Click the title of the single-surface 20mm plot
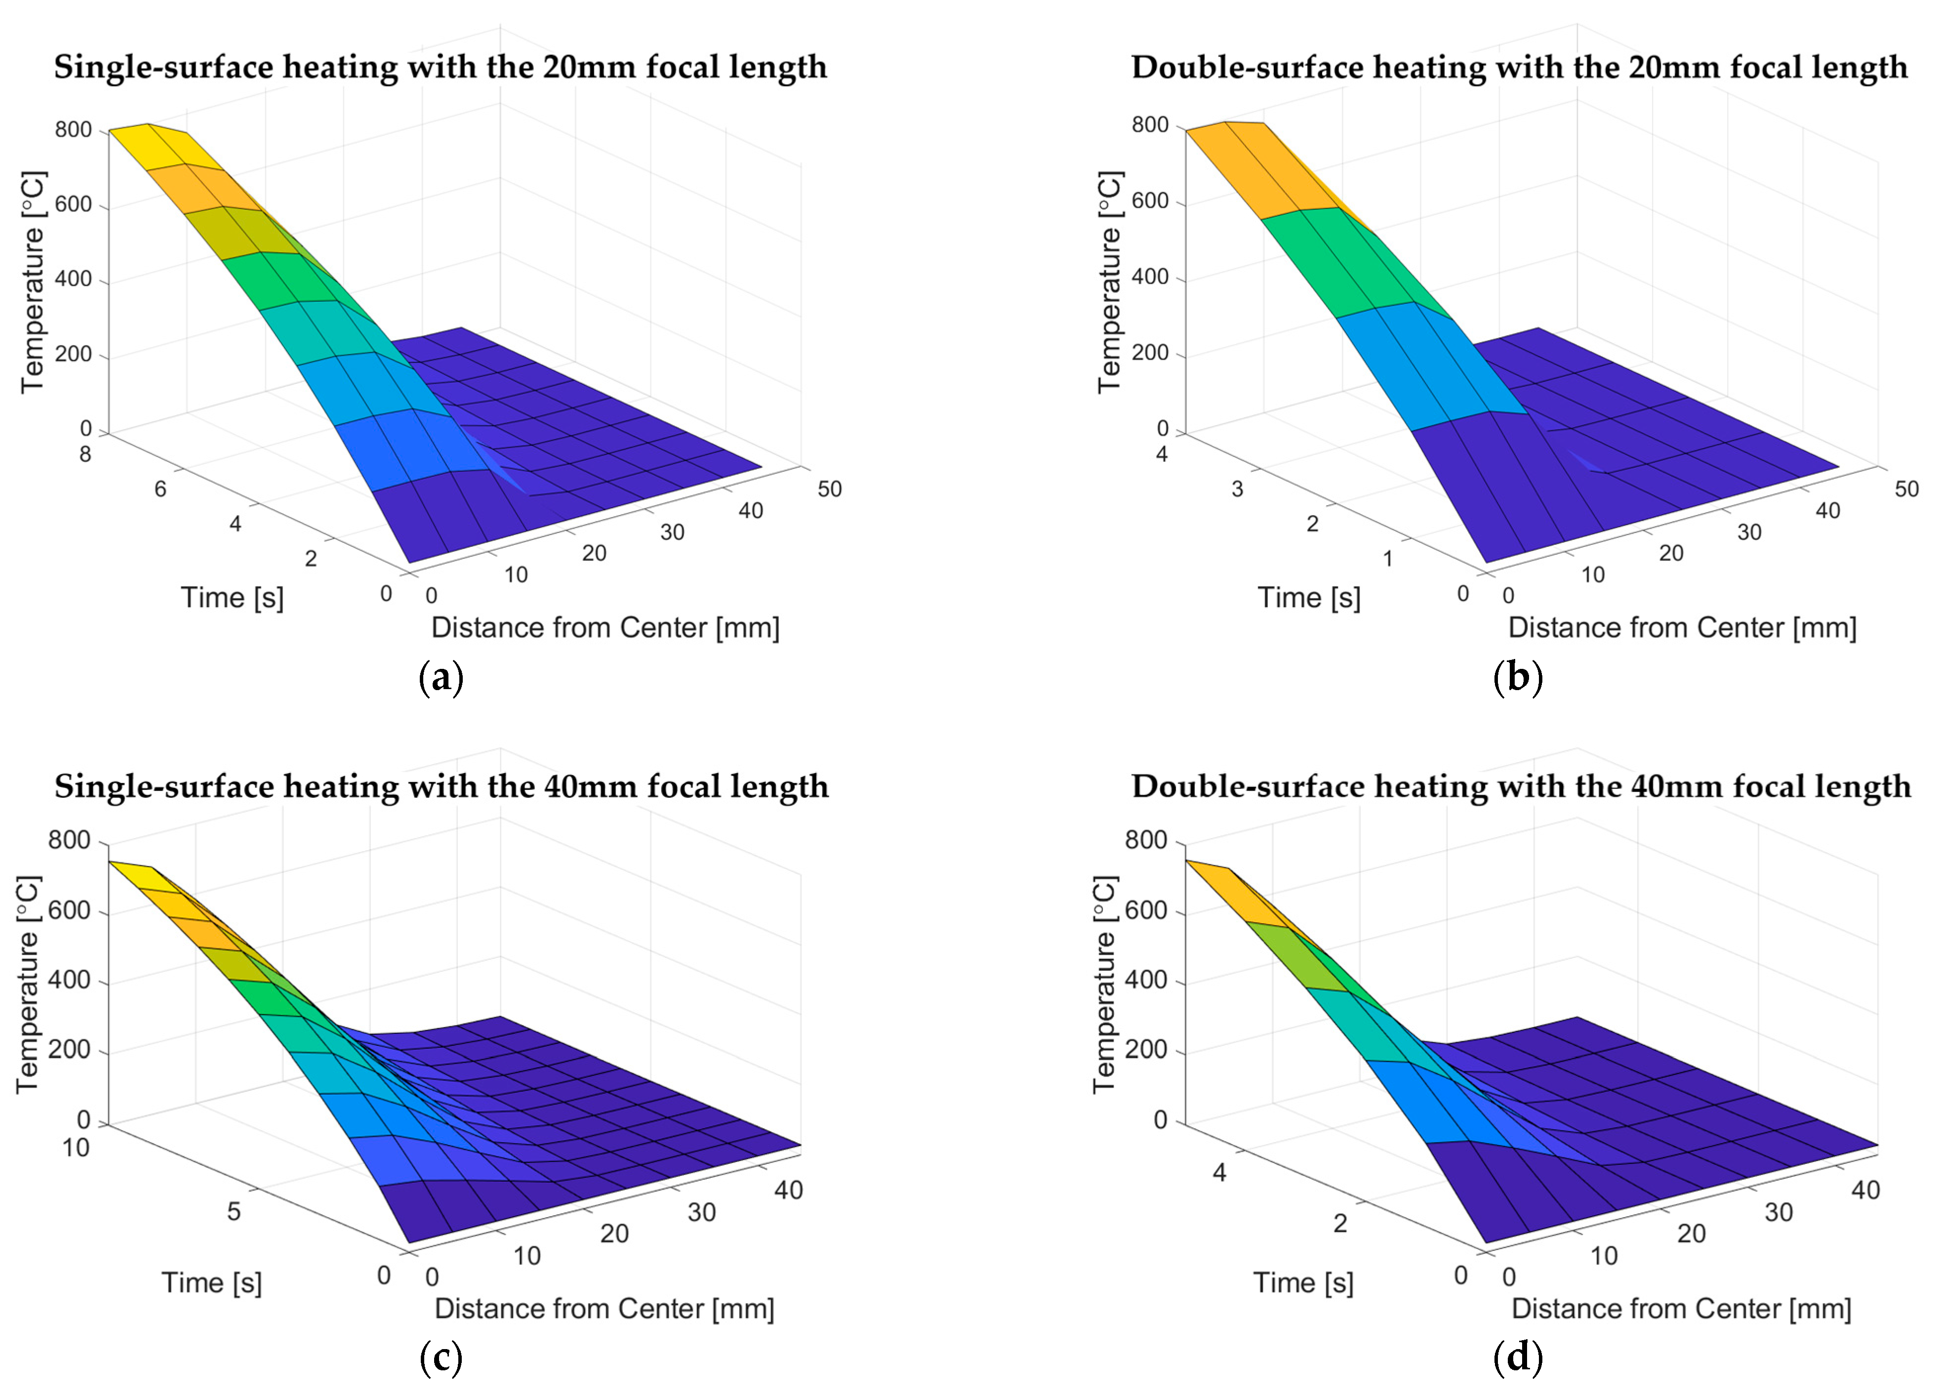(x=440, y=67)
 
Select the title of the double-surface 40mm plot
(x=1520, y=786)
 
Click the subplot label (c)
(x=441, y=1357)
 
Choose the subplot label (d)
(x=1519, y=1357)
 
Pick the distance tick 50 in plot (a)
(x=829, y=489)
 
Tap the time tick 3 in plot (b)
(x=1237, y=489)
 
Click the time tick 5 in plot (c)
(x=233, y=1212)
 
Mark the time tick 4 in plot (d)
(x=1219, y=1173)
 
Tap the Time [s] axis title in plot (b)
(x=1309, y=597)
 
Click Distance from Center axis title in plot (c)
(x=604, y=1308)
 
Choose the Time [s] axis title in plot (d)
(x=1303, y=1283)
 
